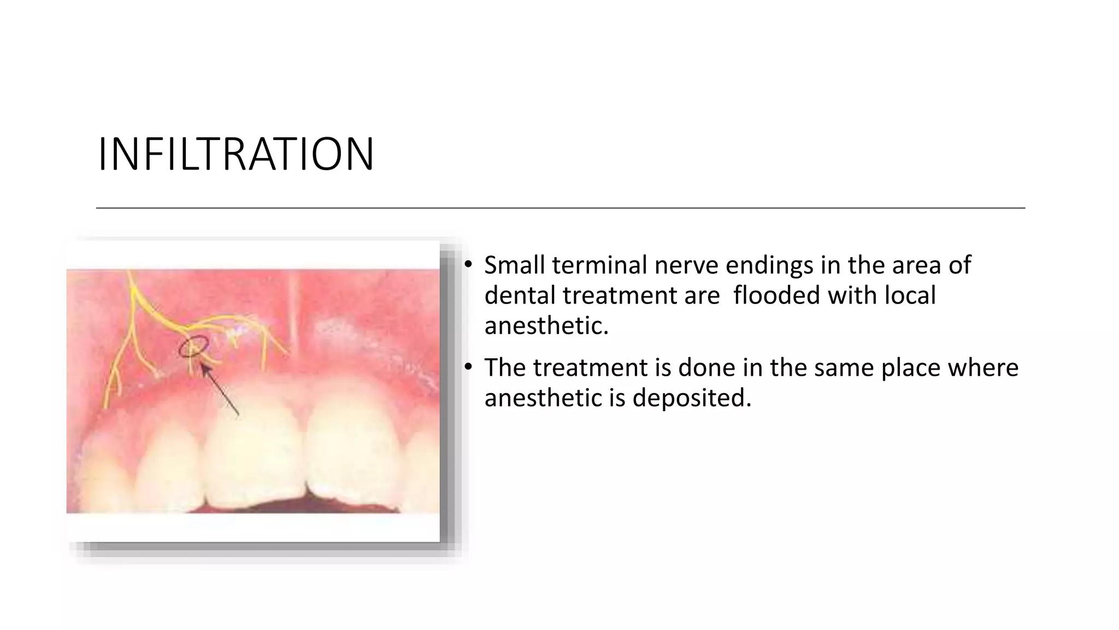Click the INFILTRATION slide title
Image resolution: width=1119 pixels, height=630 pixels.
tap(235, 155)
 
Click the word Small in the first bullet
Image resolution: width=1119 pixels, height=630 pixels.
tap(514, 265)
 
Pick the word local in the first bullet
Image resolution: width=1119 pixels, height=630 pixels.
tap(910, 296)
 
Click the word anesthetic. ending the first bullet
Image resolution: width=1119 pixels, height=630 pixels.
tap(546, 326)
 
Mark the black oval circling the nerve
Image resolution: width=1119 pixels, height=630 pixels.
tap(194, 347)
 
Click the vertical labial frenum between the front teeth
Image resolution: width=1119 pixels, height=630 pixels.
tap(293, 312)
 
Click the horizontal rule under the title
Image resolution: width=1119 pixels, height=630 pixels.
tap(560, 208)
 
